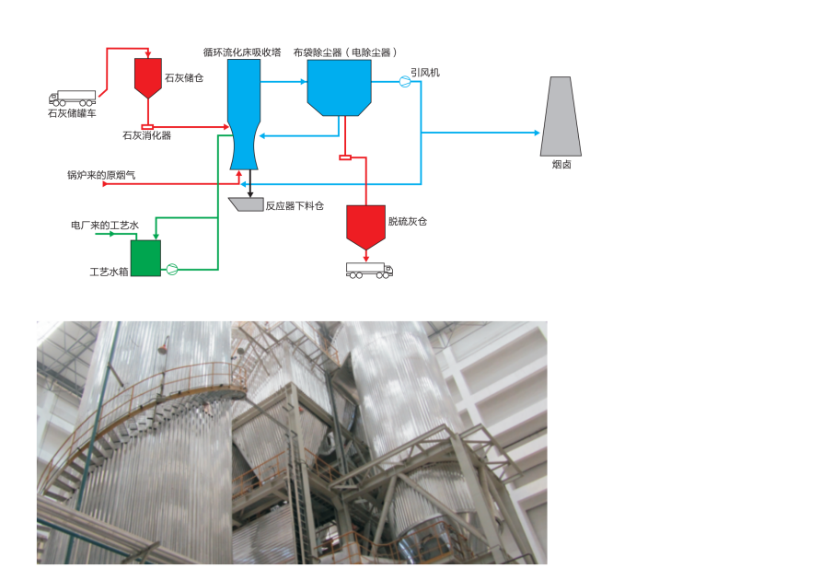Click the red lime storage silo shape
tap(147, 75)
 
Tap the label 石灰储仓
tap(183, 78)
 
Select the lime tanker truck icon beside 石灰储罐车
tap(72, 98)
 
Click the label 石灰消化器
tap(146, 135)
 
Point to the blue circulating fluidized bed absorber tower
tap(243, 110)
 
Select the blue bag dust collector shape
tap(339, 87)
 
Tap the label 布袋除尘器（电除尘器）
tap(347, 52)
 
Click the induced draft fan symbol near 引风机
tap(404, 82)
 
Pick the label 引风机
tap(425, 72)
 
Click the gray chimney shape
tap(561, 114)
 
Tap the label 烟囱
tap(561, 165)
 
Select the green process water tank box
tap(145, 258)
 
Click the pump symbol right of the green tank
tap(171, 269)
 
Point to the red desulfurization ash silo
tap(365, 226)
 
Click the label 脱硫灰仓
tap(407, 222)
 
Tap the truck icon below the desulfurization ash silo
tap(369, 270)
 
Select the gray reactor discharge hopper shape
tap(246, 203)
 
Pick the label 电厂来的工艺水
tap(106, 225)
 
